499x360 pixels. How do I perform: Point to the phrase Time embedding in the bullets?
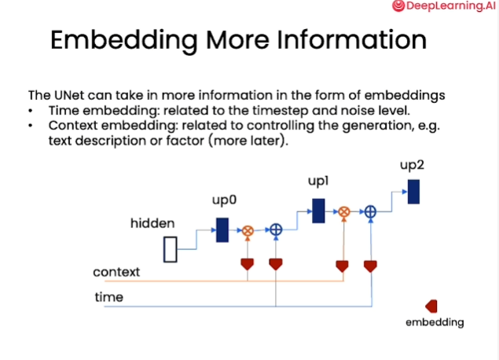click(x=92, y=110)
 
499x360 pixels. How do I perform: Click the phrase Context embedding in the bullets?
click(x=103, y=125)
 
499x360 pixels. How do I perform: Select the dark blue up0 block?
click(x=222, y=230)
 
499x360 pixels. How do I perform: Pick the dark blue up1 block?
click(x=318, y=210)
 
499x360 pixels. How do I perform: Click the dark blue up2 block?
click(x=413, y=191)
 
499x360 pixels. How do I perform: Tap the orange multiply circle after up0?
click(x=247, y=230)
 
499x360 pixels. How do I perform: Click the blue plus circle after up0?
click(x=276, y=230)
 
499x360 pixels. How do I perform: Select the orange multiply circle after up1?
click(x=343, y=211)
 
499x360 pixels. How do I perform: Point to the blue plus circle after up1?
click(x=371, y=211)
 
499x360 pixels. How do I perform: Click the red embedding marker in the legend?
click(x=431, y=306)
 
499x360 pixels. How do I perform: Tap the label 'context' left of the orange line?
click(x=116, y=272)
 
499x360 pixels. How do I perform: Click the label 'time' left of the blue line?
click(x=108, y=297)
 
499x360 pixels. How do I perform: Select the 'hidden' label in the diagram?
click(x=152, y=224)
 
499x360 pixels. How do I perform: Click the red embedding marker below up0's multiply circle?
click(x=247, y=263)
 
